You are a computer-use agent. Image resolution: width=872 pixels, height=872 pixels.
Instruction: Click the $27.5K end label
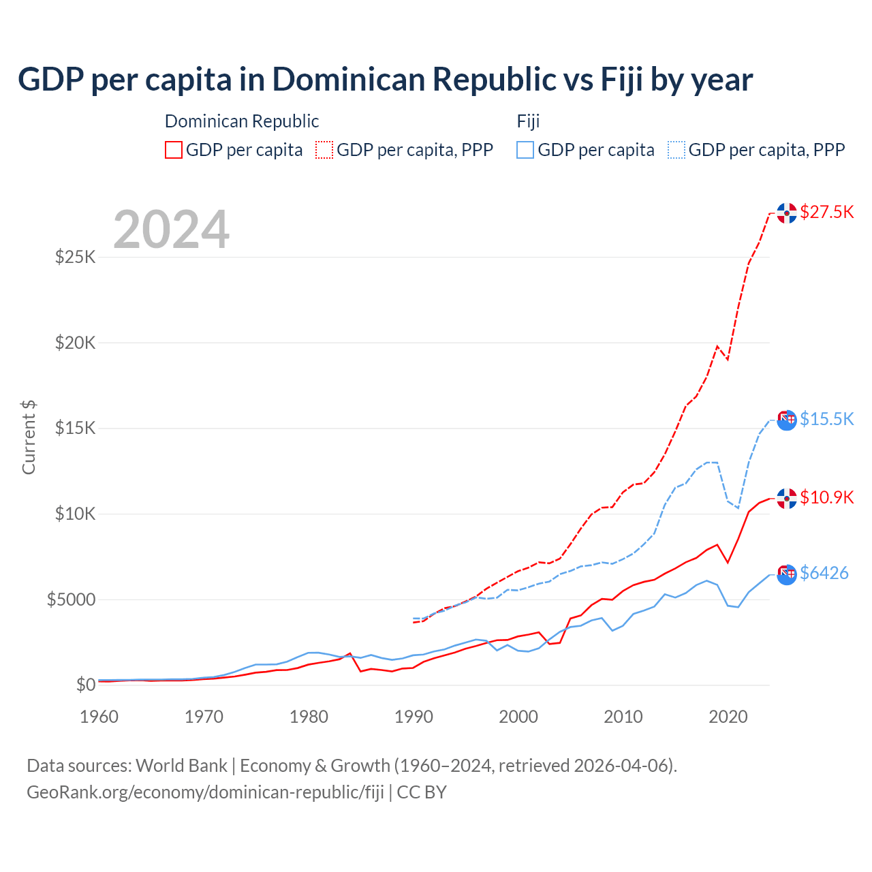coord(826,212)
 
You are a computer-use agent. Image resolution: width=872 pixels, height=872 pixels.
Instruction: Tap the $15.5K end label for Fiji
coord(826,419)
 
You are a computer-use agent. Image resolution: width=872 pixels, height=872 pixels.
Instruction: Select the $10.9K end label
coord(826,497)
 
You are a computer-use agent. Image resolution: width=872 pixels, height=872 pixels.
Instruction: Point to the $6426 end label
coord(824,573)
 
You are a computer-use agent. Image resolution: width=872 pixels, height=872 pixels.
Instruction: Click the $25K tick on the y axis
coord(76,258)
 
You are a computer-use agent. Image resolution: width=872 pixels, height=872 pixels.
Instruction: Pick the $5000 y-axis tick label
coord(71,599)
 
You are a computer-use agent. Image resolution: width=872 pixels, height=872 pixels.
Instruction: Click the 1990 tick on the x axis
coord(414,717)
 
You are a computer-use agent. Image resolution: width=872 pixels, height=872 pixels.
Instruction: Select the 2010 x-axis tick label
coord(623,717)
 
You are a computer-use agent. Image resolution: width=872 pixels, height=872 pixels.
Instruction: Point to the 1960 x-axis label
coord(99,717)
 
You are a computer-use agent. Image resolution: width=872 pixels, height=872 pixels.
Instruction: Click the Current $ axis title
coord(29,437)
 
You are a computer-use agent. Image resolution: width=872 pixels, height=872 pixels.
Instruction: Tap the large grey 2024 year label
coord(172,230)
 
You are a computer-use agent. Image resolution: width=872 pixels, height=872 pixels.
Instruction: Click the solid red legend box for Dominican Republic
coord(174,150)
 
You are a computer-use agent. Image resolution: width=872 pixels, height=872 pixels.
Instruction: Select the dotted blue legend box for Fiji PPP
coord(676,150)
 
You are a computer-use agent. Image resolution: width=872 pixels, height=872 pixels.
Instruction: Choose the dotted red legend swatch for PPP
coord(325,150)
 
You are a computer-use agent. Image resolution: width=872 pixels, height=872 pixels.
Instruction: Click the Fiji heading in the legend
coord(528,121)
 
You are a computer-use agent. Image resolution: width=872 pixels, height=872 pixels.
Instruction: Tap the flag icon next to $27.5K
coord(787,213)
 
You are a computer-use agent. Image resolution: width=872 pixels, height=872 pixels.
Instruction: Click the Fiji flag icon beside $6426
coord(787,574)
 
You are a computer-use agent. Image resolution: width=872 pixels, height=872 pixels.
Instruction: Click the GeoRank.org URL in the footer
coord(205,792)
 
